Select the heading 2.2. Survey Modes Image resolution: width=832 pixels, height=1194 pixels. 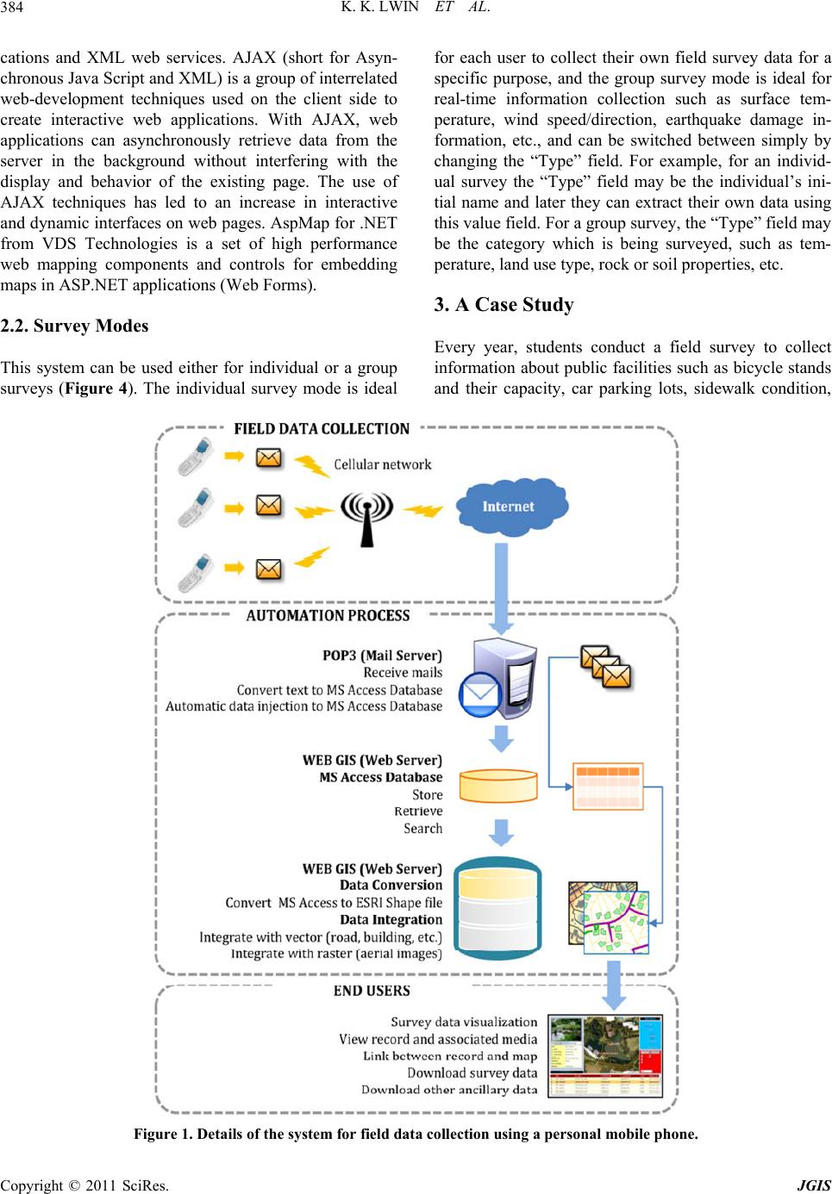click(74, 326)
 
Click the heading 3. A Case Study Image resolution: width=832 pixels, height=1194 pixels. click(504, 305)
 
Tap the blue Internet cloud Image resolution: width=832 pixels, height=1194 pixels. click(509, 507)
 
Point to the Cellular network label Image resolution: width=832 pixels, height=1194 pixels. click(382, 464)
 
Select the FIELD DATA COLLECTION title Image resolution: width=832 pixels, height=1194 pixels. click(322, 429)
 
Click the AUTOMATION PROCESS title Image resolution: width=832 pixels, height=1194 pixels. click(328, 616)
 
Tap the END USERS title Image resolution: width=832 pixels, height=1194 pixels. click(372, 991)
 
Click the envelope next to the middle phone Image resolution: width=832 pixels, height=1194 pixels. click(269, 506)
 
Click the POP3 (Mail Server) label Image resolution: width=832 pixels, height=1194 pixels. click(382, 656)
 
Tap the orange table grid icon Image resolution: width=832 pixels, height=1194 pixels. click(608, 786)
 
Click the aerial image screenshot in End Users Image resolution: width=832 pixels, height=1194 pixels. click(605, 1055)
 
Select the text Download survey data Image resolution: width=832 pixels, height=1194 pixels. click(472, 1073)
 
